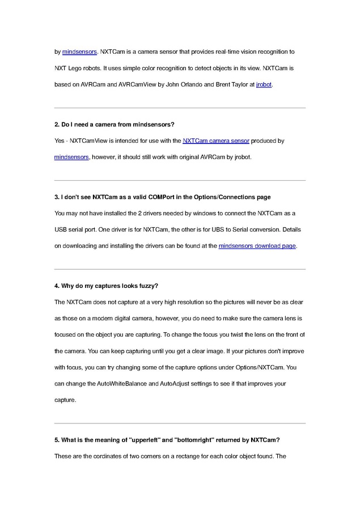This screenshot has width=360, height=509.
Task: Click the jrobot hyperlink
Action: click(x=264, y=85)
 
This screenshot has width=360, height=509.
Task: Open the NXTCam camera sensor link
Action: click(x=215, y=141)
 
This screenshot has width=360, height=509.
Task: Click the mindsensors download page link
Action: click(x=257, y=246)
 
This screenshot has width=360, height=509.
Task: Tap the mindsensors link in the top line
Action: click(x=79, y=52)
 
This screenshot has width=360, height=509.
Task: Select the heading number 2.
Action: click(x=56, y=124)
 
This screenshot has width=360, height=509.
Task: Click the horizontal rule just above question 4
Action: click(x=180, y=269)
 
